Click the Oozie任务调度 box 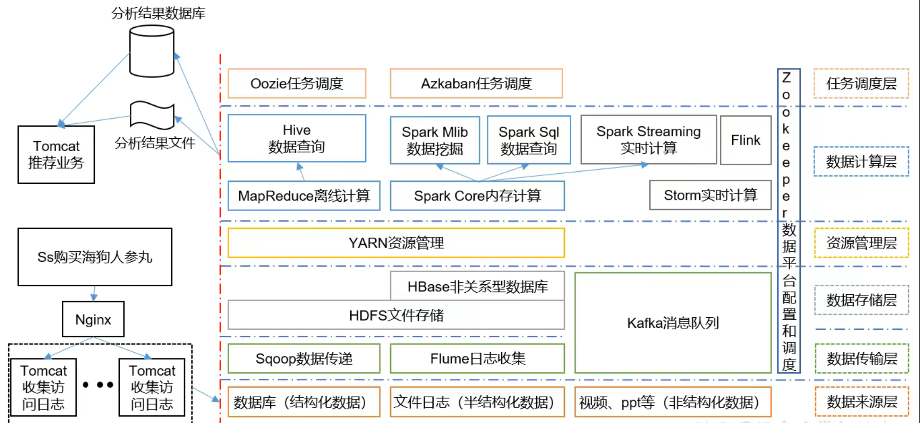[297, 84]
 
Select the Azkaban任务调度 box [476, 84]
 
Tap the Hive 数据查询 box [297, 138]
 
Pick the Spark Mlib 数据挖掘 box [435, 140]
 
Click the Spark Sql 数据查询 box [529, 140]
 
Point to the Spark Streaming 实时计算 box [648, 140]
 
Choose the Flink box [746, 140]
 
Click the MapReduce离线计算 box [304, 196]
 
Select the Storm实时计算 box [710, 195]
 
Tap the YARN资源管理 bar [396, 243]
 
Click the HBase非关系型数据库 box [477, 286]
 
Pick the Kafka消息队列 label [673, 323]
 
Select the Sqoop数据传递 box [304, 358]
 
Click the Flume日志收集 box [477, 358]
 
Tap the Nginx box [93, 319]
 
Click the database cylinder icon [151, 51]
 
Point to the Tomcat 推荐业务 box [56, 155]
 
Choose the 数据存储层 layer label [862, 300]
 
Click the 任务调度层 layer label [861, 84]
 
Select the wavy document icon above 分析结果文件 [152, 115]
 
